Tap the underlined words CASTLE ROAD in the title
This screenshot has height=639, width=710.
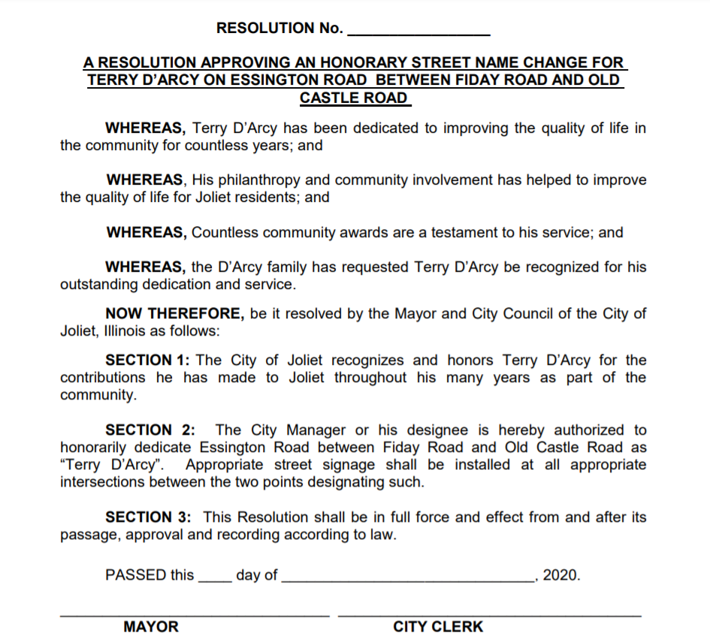[x=354, y=98]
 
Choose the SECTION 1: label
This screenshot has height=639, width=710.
[x=153, y=360]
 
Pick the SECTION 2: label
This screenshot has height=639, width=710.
[x=150, y=430]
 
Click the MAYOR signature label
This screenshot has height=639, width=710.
[x=151, y=626]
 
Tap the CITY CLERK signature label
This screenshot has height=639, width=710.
[x=438, y=626]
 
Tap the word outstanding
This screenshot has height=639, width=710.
[x=97, y=285]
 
